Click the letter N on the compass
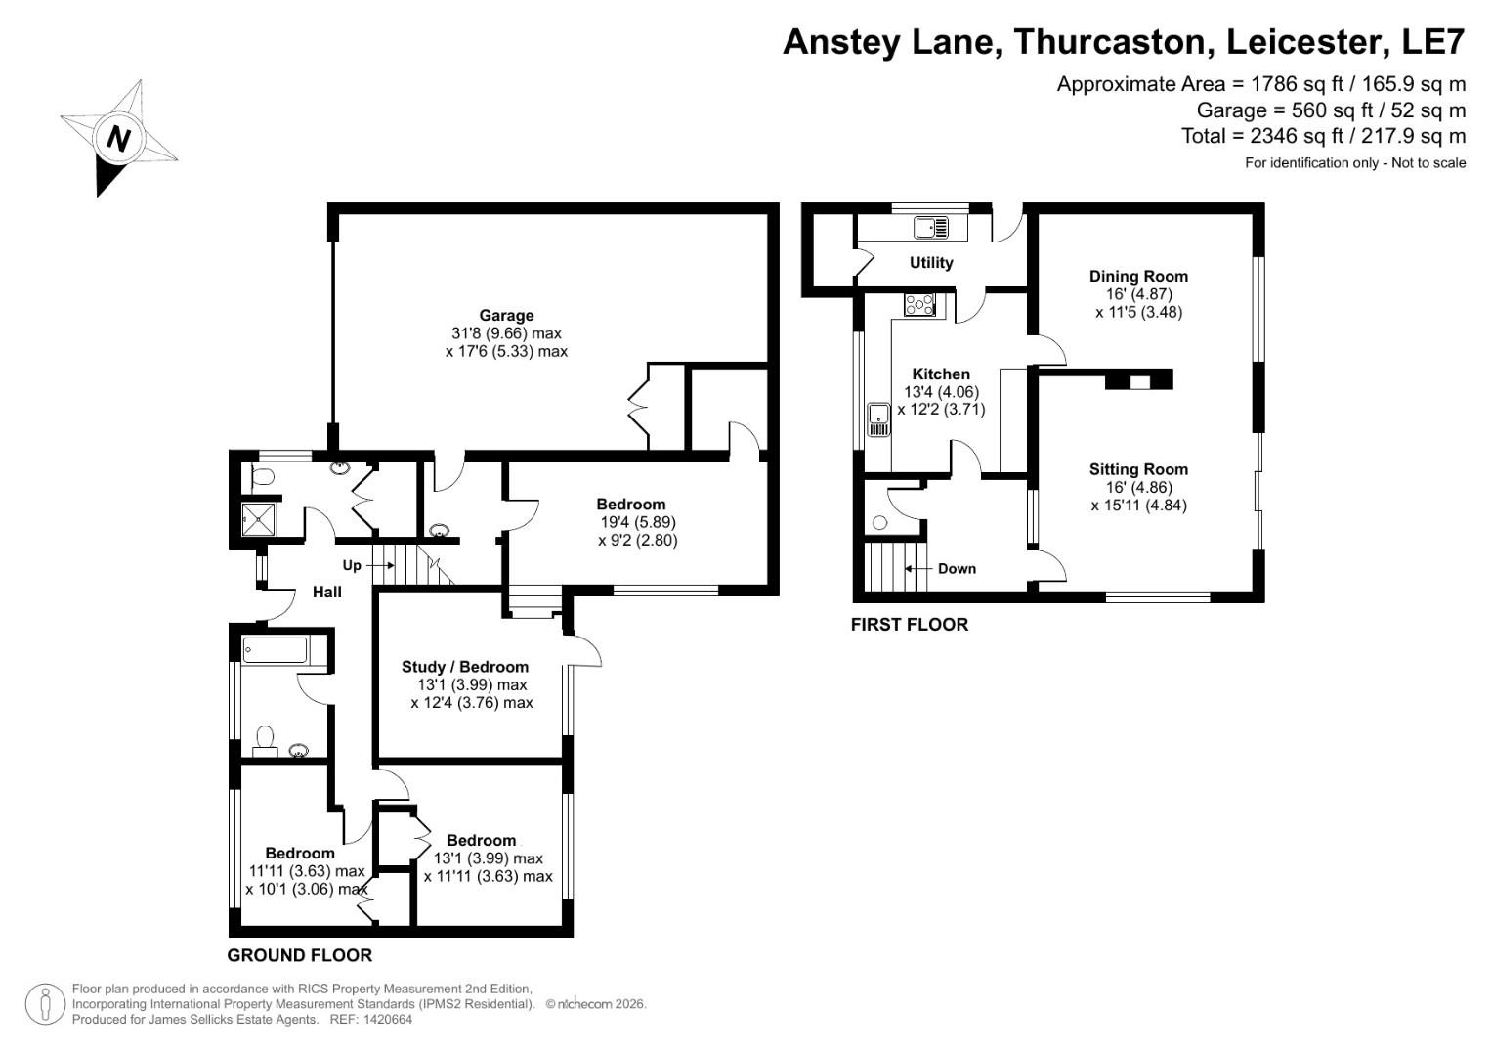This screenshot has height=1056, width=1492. click(118, 139)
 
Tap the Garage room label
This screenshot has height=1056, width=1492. click(506, 315)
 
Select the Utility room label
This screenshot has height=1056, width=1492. click(930, 263)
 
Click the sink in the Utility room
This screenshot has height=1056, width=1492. click(930, 228)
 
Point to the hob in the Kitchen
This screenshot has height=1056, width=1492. click(919, 305)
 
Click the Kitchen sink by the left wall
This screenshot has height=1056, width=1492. click(878, 418)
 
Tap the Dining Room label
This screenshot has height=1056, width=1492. click(1138, 276)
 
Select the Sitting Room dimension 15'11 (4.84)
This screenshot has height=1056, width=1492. click(1138, 506)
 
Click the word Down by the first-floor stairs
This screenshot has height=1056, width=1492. click(957, 568)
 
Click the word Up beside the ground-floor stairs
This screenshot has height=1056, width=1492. click(352, 565)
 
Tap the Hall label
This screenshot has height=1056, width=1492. click(327, 592)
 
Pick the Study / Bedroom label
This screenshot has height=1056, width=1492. click(465, 667)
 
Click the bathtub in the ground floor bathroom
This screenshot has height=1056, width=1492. click(275, 650)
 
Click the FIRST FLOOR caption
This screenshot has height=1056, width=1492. click(909, 625)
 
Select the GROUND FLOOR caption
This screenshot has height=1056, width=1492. click(300, 955)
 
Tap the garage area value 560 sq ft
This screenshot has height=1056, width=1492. click(1303, 110)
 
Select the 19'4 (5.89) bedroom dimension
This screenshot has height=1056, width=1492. click(637, 522)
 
